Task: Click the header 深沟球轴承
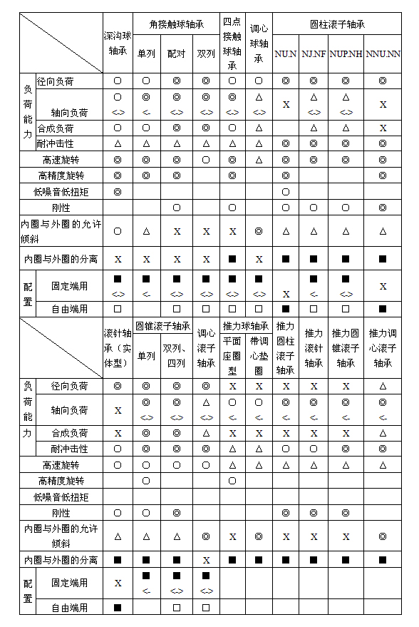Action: click(118, 43)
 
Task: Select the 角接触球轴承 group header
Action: click(176, 24)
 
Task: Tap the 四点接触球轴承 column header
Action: click(232, 43)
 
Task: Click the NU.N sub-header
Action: click(286, 54)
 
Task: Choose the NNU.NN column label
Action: click(383, 54)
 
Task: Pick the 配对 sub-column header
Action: click(176, 53)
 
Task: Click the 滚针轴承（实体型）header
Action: click(118, 347)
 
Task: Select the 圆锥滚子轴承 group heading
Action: click(162, 326)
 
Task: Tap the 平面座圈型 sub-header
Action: click(232, 355)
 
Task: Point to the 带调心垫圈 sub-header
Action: click(259, 355)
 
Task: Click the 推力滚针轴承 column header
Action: click(314, 347)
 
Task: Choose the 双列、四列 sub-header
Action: click(177, 355)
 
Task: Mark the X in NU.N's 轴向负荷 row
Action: click(286, 105)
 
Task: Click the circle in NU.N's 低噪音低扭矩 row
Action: click(286, 192)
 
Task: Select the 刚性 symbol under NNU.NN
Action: click(383, 208)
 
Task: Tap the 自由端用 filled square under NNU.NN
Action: click(383, 309)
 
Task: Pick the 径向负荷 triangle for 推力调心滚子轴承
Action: click(383, 386)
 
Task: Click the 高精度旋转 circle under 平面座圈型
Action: click(232, 481)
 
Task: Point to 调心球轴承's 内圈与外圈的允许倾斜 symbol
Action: click(259, 231)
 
